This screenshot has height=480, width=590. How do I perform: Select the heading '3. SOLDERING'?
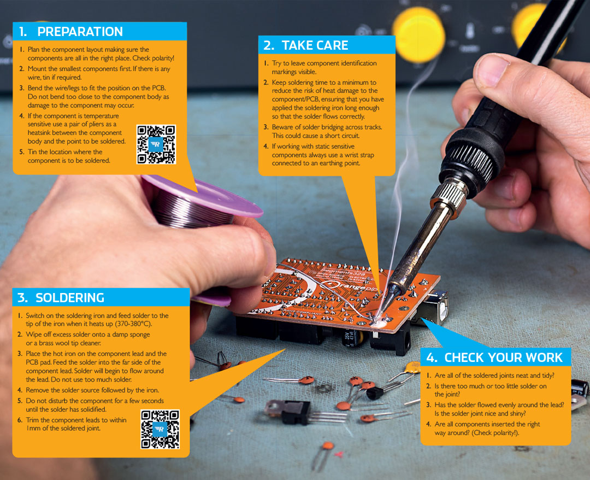61,298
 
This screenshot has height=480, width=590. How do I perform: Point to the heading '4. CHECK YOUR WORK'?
495,358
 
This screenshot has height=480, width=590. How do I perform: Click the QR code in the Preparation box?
156,144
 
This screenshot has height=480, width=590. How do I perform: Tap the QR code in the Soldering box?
160,429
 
